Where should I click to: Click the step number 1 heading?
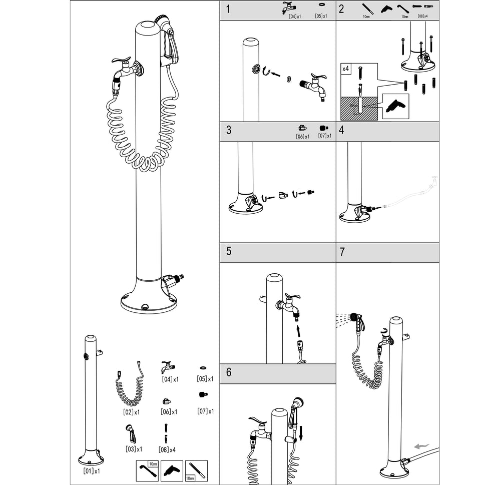[x=228, y=10]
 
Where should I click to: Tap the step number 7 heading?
[x=342, y=252]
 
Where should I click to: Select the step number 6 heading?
[x=229, y=372]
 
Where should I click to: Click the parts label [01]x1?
[x=91, y=471]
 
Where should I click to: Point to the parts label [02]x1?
[x=131, y=412]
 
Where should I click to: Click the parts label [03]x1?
[x=134, y=449]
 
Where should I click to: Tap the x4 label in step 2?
[x=346, y=69]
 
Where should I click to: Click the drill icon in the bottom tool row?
[x=171, y=470]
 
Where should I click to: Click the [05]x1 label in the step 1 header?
[x=321, y=16]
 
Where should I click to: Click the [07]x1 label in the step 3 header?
[x=324, y=136]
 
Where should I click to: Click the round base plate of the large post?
[x=149, y=303]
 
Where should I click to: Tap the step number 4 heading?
[x=342, y=131]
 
